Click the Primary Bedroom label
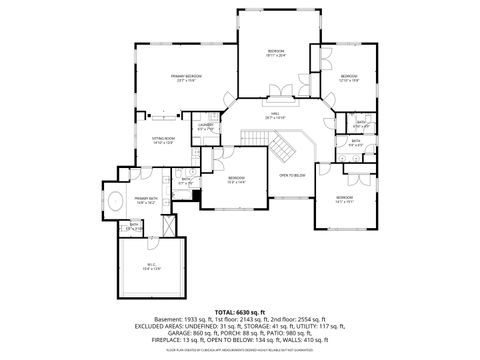coord(186,76)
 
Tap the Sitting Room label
coord(163,138)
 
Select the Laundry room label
coord(205,125)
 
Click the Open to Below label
coord(291,175)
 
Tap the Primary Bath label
coord(147,199)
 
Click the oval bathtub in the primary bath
coord(117,200)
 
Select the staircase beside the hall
coord(283,149)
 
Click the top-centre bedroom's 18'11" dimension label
coord(276,56)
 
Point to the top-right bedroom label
coord(348,77)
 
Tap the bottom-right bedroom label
coord(344,198)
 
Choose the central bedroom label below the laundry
coord(236,178)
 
